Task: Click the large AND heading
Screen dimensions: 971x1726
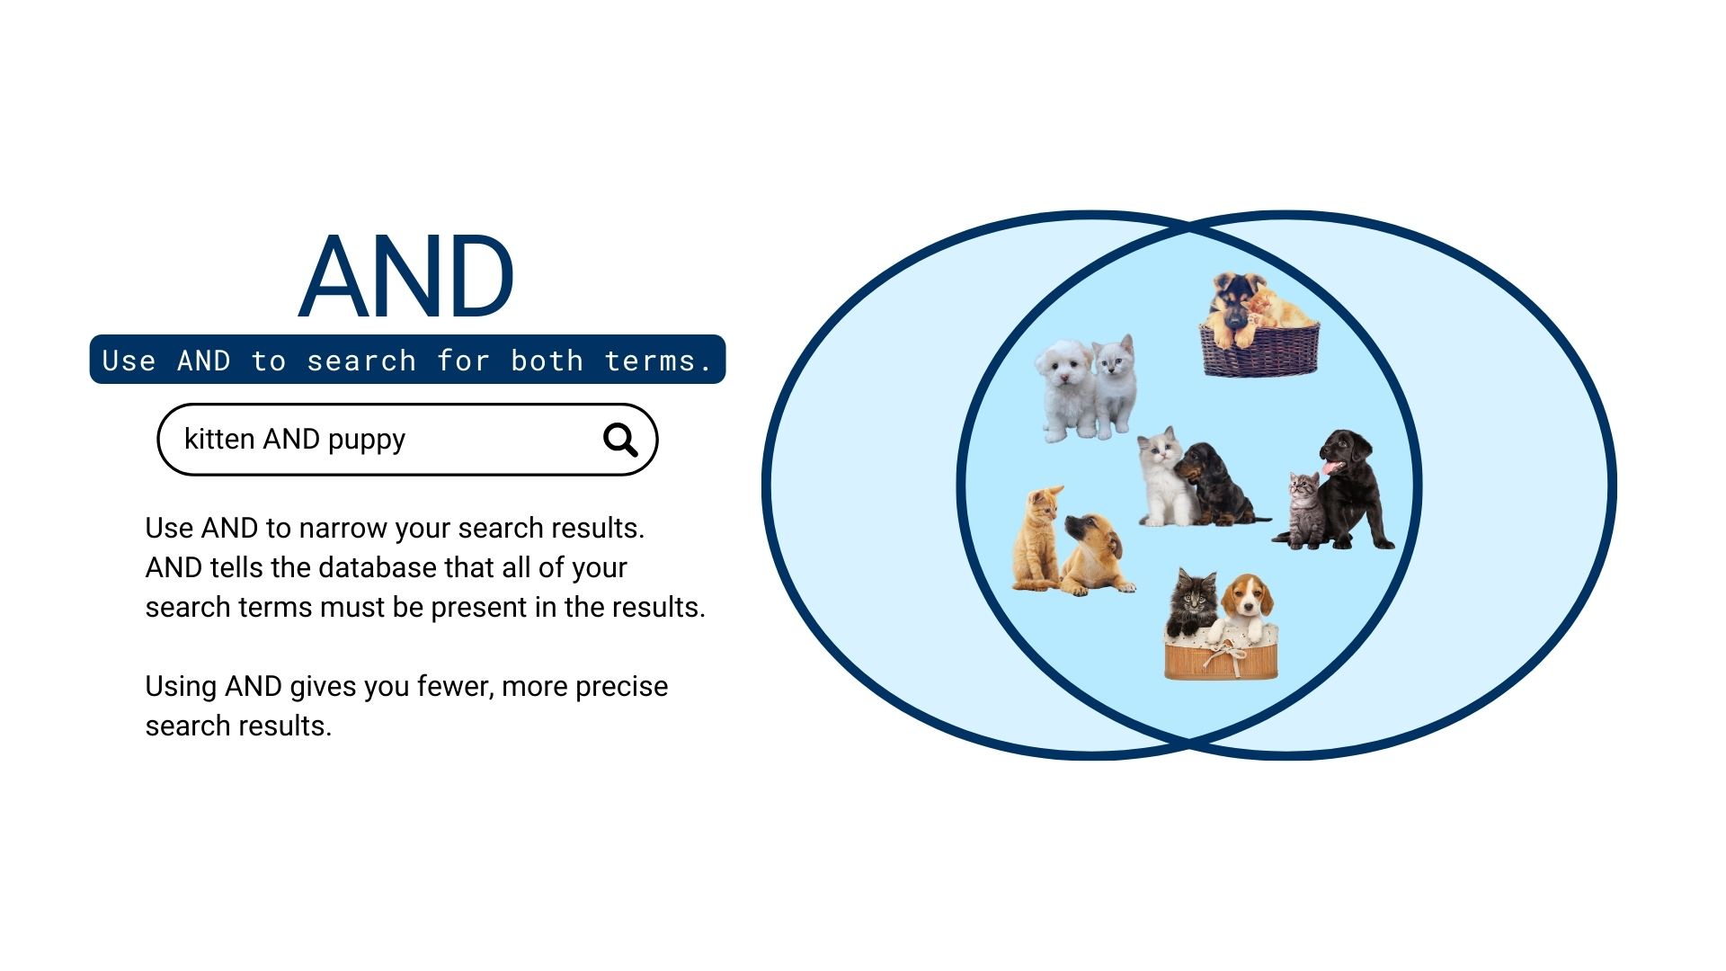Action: click(x=406, y=277)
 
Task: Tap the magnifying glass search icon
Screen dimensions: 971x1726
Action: click(x=620, y=440)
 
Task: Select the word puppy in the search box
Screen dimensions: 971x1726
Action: click(x=366, y=441)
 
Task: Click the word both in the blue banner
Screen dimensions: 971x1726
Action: click(x=547, y=361)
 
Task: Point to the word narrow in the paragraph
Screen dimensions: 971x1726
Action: click(x=340, y=528)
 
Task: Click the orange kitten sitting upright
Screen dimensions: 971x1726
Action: click(x=1038, y=539)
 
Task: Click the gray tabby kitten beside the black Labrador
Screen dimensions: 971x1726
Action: click(x=1304, y=510)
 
